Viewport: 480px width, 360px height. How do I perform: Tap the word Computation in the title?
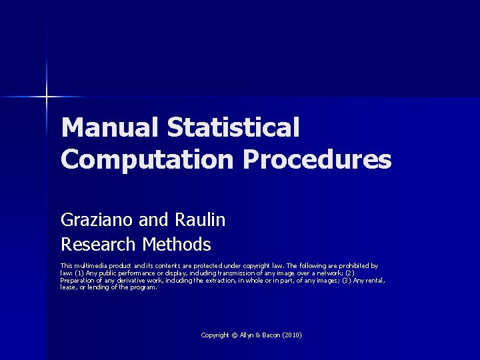click(146, 159)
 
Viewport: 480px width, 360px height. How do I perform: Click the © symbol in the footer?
click(234, 335)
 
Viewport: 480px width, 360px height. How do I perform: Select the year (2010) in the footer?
click(292, 335)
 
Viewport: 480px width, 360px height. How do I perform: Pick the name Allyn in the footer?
click(247, 335)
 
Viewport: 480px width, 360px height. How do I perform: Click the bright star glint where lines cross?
click(47, 97)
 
